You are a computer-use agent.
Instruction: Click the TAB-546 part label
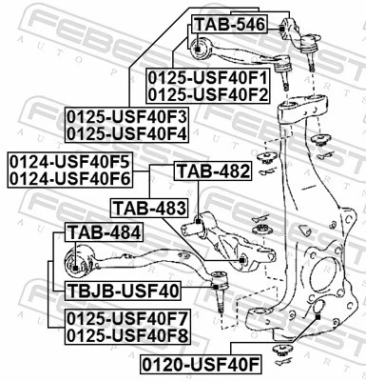[229, 23]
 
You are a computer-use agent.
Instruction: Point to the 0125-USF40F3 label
[127, 116]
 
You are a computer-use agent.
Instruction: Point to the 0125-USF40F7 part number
[127, 318]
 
